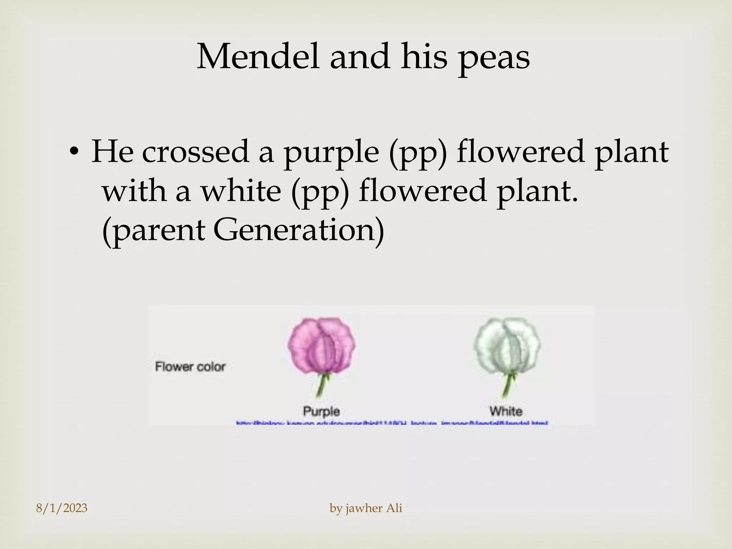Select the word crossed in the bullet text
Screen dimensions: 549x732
pos(195,152)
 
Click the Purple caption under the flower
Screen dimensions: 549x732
pos(321,411)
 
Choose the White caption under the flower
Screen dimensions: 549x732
pos(506,411)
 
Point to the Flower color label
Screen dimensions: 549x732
pos(190,367)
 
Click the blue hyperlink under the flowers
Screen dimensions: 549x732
pos(392,423)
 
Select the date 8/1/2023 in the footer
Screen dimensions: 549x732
pos(62,508)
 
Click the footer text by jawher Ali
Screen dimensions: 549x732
pos(366,508)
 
